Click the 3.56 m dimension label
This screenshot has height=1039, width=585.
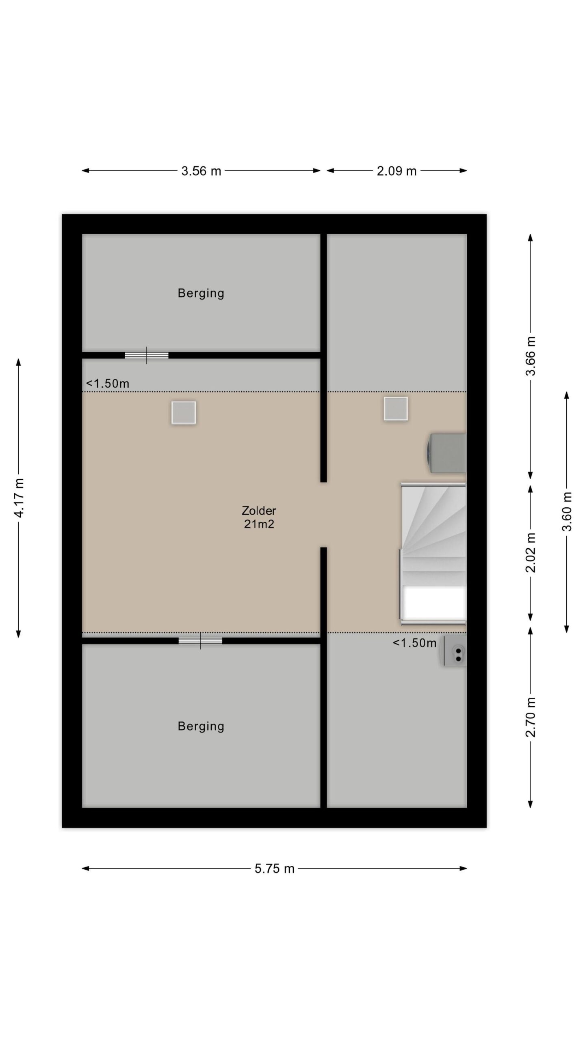point(201,171)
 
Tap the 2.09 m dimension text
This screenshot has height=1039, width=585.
point(396,171)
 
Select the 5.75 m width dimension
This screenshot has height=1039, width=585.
point(274,869)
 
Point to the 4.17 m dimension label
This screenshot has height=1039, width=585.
point(19,498)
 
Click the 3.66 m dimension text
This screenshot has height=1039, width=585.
point(531,356)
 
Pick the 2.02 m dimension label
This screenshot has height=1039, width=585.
point(531,553)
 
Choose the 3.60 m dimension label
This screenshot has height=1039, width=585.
point(567,511)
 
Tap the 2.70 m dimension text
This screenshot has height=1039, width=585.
point(531,717)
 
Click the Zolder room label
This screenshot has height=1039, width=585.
point(259,510)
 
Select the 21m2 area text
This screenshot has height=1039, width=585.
point(259,524)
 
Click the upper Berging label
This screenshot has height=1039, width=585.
point(201,293)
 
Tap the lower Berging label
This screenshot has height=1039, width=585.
point(201,726)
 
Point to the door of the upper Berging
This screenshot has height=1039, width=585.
point(146,355)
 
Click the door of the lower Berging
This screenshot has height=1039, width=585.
point(200,641)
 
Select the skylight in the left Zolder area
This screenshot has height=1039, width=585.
point(184,413)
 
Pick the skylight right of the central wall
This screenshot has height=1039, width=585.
point(396,409)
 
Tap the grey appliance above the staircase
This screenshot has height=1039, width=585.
point(446,453)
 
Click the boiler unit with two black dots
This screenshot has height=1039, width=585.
point(453,651)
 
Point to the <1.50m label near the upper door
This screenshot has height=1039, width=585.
point(108,383)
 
